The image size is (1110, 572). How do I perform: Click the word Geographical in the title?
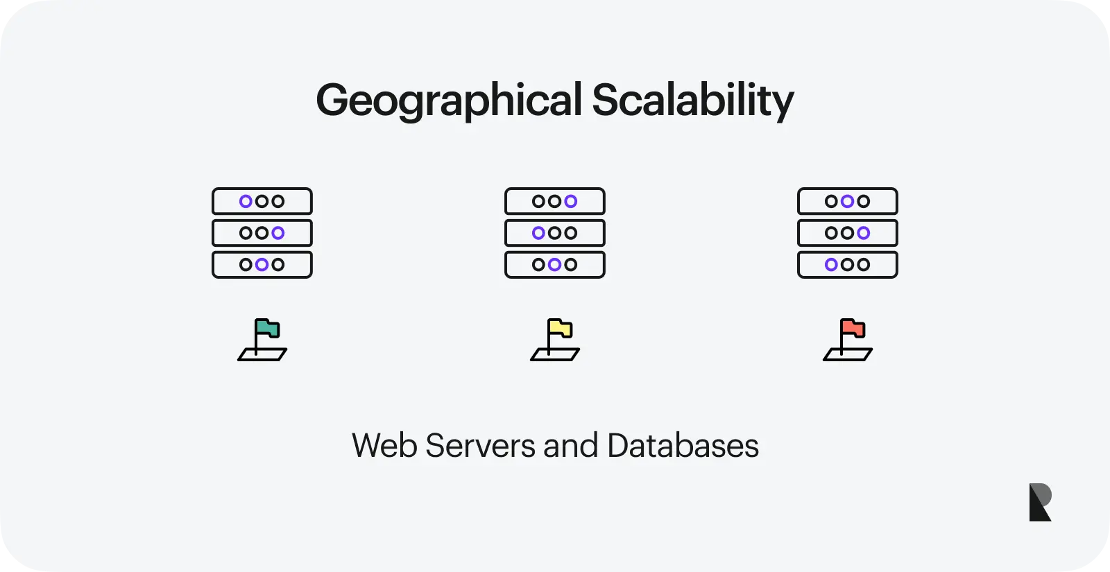pos(448,101)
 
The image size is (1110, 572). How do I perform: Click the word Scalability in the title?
pos(692,100)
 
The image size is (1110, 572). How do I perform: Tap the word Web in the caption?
pos(384,446)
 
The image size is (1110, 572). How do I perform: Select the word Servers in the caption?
pos(480,446)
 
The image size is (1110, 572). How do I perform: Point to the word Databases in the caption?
pos(683,446)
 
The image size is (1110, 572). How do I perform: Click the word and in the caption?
pos(570,446)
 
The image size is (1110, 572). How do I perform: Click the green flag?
pos(267,328)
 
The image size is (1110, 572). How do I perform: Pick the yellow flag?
pos(560,328)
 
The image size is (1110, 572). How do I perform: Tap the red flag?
pos(853,328)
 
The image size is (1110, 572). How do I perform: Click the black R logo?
pos(1040,502)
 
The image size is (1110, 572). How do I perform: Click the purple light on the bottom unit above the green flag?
pos(262,264)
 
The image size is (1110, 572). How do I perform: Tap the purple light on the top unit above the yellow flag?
pos(570,201)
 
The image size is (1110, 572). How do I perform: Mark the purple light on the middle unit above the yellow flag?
pos(538,233)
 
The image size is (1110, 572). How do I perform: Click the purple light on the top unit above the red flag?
pos(847,201)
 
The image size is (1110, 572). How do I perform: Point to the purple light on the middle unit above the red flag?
pos(863,233)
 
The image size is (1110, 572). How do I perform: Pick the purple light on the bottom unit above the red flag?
pos(831,264)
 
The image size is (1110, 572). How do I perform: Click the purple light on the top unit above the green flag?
pos(246,201)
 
